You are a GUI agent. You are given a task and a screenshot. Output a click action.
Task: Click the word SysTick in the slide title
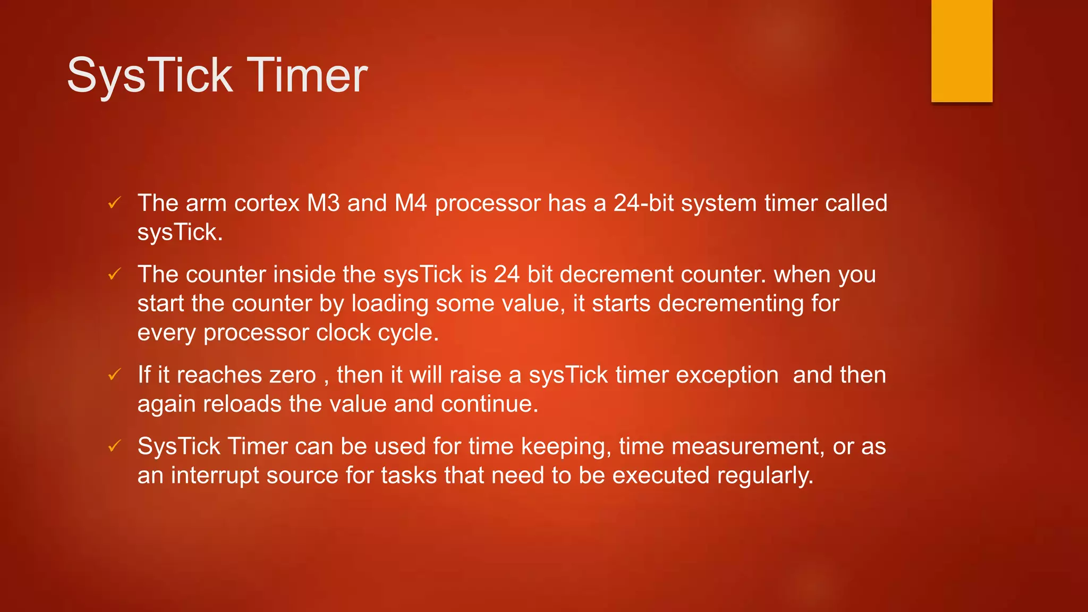150,75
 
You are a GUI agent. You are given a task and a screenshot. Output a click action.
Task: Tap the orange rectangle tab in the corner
962,51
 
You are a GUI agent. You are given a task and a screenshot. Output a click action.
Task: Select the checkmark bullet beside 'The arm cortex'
114,202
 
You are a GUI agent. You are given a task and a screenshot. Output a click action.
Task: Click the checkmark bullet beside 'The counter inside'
114,274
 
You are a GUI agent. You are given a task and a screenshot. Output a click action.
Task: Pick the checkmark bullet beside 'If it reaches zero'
114,375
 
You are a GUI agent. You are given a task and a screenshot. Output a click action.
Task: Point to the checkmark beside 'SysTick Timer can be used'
114,446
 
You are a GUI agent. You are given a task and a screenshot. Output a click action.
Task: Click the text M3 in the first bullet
323,203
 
